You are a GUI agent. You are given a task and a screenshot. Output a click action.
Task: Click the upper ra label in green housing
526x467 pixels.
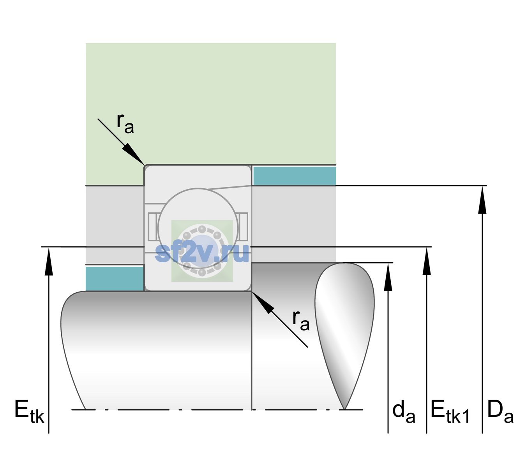click(x=125, y=123)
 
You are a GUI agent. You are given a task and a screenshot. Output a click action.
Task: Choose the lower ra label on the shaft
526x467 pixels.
click(x=301, y=321)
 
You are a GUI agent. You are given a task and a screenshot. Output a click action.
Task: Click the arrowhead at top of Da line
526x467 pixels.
click(x=482, y=200)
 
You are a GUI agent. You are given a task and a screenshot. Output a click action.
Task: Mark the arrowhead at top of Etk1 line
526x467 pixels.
click(x=427, y=261)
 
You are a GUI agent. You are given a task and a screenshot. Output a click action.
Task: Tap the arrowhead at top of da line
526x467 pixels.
click(x=388, y=277)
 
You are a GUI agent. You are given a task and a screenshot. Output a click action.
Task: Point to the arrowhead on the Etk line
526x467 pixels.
click(x=49, y=262)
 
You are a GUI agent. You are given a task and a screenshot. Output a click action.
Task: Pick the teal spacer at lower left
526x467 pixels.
click(x=115, y=279)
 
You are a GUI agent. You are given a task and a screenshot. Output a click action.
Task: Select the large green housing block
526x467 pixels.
click(x=210, y=104)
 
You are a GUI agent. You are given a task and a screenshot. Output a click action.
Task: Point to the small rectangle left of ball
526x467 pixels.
click(x=153, y=226)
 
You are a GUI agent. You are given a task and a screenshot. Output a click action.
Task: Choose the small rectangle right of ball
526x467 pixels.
click(x=243, y=226)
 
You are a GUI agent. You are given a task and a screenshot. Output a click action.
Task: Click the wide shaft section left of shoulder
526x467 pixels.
click(x=156, y=350)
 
